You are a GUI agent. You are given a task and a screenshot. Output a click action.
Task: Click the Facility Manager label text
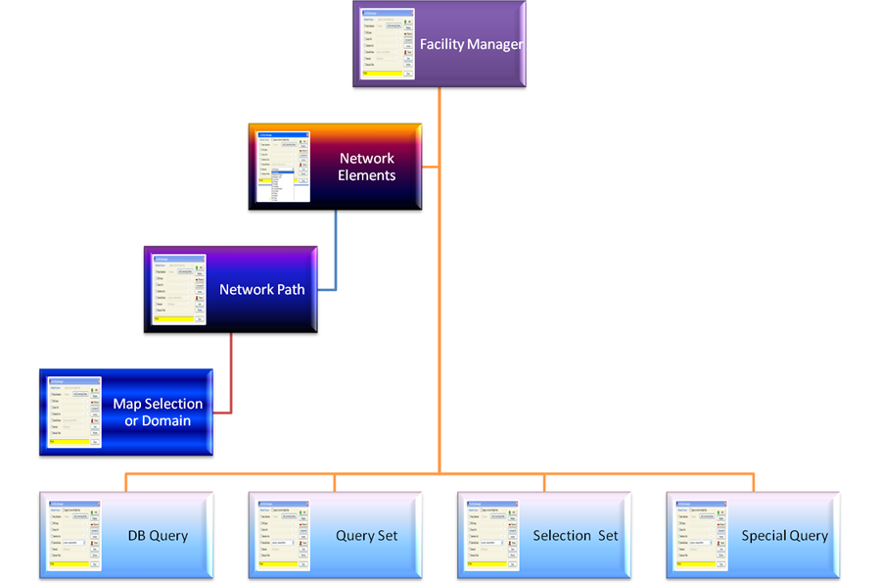[x=471, y=44]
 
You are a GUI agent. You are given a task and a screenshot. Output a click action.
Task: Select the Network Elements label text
[x=367, y=167]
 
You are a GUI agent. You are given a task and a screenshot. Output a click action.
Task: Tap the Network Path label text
[x=261, y=289]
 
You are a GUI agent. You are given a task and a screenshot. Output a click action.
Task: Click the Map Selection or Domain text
[x=158, y=412]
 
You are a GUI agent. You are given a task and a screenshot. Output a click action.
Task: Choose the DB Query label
[x=158, y=536]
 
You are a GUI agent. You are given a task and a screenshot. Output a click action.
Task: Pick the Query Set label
[x=367, y=536]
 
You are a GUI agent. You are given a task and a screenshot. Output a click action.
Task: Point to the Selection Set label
[x=576, y=536]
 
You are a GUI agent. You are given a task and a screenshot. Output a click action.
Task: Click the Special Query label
[x=784, y=536]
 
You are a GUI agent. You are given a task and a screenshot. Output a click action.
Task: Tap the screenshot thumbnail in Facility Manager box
[x=388, y=45]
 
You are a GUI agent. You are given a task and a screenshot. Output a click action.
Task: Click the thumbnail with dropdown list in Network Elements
[x=283, y=168]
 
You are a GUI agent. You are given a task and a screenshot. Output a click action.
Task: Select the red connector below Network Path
[x=231, y=377]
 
